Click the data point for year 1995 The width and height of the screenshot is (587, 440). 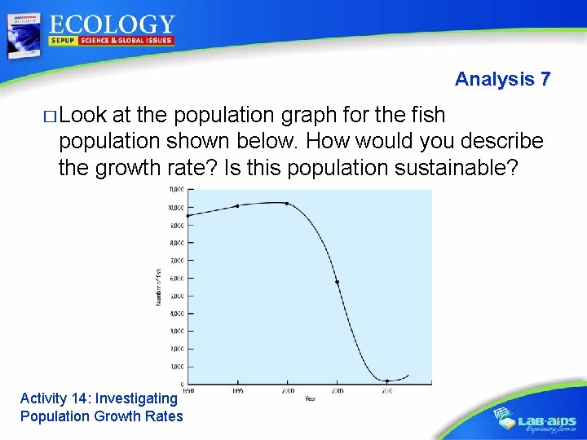click(237, 205)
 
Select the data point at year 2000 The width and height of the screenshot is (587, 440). click(286, 203)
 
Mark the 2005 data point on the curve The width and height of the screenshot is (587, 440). click(337, 282)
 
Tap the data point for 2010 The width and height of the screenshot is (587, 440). click(386, 381)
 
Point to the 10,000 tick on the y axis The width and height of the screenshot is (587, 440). click(176, 207)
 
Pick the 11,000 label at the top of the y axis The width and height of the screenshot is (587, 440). click(176, 190)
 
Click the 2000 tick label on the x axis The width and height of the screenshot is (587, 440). click(288, 391)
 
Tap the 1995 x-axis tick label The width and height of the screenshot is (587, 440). click(238, 391)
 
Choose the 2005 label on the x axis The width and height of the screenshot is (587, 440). click(338, 391)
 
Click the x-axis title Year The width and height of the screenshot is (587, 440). click(311, 398)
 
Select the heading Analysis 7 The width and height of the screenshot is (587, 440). click(502, 79)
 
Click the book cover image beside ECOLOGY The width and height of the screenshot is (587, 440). click(23, 35)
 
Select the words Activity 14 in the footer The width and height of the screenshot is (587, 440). click(53, 398)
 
